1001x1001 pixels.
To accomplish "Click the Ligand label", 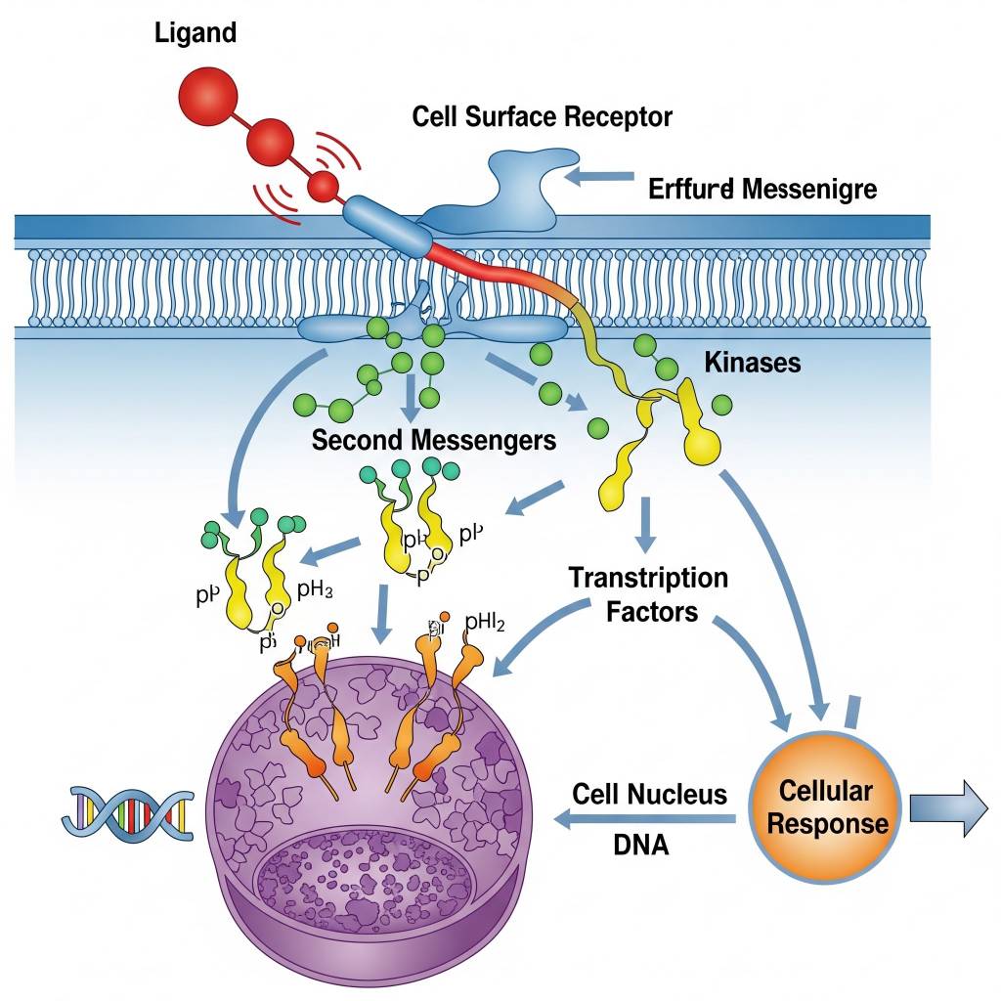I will [x=196, y=32].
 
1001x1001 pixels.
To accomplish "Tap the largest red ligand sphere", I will [x=209, y=99].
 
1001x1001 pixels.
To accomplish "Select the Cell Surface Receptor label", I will [x=542, y=117].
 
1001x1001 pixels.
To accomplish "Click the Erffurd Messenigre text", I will [x=762, y=189].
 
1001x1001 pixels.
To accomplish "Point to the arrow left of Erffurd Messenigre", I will [x=599, y=177].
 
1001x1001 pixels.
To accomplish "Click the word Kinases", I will [x=752, y=364].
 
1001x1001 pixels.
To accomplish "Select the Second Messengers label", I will [x=433, y=440].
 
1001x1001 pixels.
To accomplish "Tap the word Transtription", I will [x=648, y=578].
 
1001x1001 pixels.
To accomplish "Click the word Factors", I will [x=651, y=613].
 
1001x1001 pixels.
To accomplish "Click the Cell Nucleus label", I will [x=650, y=794].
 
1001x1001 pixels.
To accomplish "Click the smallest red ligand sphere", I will [x=323, y=185].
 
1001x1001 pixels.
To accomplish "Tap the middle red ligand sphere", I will [x=271, y=143].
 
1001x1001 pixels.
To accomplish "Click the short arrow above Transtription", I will [x=644, y=525].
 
